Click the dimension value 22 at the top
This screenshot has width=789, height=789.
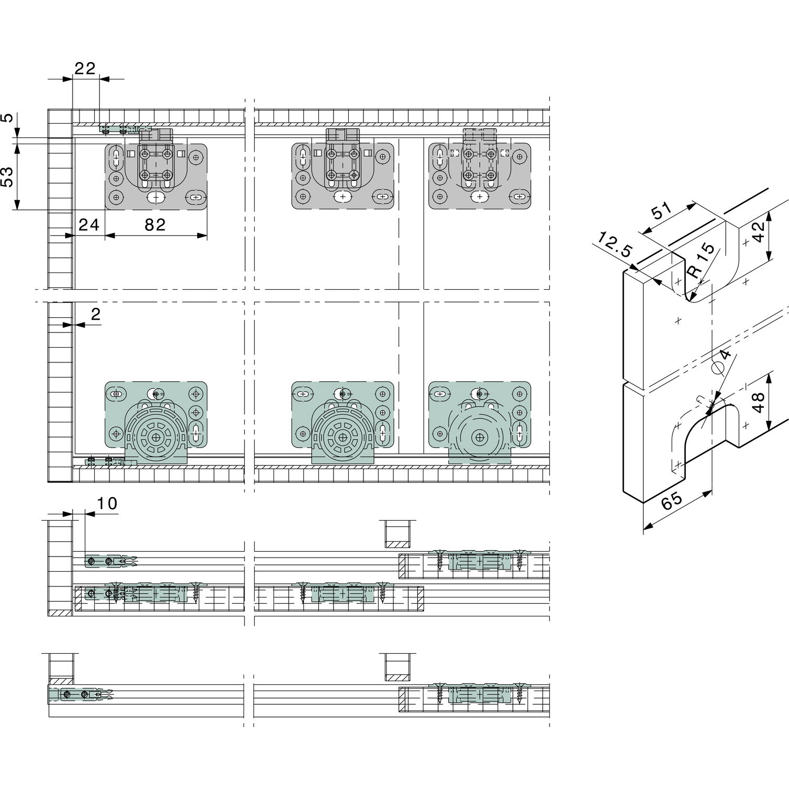coord(85,69)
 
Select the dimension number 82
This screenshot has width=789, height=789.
coord(155,225)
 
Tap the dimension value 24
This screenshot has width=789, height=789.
coord(89,225)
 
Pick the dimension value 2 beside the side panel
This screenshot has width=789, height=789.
coord(95,313)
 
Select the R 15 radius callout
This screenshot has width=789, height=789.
coord(702,260)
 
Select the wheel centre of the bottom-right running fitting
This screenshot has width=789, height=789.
coord(480,437)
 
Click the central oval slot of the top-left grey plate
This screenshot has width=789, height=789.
coord(155,198)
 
